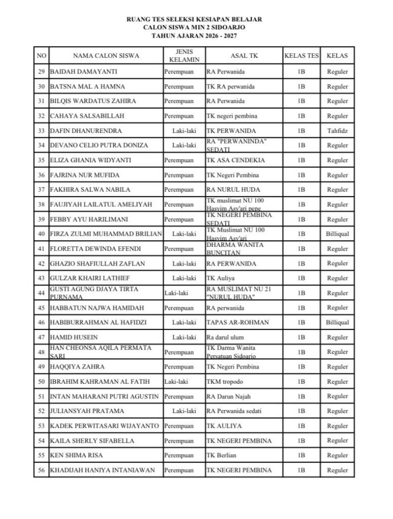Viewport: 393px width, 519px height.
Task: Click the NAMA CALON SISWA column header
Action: pos(106,55)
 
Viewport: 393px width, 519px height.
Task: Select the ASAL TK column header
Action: pos(244,55)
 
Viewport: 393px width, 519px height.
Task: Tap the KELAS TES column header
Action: pos(301,55)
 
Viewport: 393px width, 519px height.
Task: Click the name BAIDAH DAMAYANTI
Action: pos(83,72)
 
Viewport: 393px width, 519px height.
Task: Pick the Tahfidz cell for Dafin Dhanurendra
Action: pos(337,131)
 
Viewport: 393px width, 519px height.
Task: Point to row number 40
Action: pos(42,234)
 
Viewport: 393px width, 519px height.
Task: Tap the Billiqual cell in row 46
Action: pos(337,322)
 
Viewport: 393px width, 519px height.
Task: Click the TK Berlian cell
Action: pos(221,455)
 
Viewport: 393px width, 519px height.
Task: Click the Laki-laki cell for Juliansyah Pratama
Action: pos(184,411)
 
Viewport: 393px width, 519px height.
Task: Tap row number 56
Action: pos(42,470)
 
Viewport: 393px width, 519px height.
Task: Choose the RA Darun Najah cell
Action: pos(228,396)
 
